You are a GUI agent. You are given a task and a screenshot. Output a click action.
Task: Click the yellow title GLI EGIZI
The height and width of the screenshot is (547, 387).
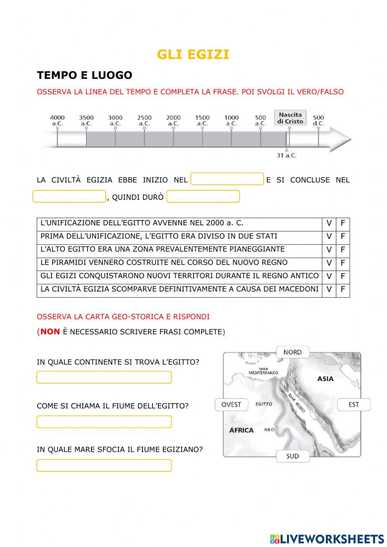193,55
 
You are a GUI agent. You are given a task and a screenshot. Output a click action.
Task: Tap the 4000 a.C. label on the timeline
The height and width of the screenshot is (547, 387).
57,120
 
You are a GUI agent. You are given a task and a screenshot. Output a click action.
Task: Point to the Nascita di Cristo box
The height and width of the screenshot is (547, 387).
290,118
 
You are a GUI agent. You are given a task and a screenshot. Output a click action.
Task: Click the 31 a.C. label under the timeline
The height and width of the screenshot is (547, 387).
286,155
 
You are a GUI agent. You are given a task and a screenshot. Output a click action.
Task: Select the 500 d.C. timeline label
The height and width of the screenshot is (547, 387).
319,120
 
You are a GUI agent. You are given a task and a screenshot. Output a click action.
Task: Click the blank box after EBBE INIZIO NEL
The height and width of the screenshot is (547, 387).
227,179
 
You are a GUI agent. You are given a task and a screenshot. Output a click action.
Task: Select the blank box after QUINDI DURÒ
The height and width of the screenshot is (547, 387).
203,197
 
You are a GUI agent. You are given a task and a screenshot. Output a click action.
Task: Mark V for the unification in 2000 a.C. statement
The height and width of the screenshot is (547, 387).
329,223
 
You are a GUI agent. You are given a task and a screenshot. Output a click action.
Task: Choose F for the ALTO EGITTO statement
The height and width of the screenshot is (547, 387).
342,250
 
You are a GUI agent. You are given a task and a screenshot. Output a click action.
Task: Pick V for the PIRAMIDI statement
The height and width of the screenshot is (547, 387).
329,263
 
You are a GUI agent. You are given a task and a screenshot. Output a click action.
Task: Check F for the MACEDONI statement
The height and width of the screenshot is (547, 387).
342,289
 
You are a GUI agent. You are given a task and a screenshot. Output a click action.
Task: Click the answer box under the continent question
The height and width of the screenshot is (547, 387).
104,377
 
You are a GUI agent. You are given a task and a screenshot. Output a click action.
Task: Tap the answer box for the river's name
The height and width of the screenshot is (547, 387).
104,422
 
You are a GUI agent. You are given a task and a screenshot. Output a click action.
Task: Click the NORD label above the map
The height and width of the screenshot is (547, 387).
293,352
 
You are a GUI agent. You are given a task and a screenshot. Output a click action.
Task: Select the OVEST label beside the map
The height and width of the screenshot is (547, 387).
231,405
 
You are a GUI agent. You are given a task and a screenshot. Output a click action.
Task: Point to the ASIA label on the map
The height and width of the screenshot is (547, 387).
325,379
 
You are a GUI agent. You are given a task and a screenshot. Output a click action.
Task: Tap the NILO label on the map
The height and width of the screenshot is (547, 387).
269,430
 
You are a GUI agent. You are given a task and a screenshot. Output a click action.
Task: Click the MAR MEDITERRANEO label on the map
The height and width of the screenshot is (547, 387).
263,371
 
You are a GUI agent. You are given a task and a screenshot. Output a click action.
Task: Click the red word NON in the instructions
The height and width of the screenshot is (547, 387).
50,332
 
